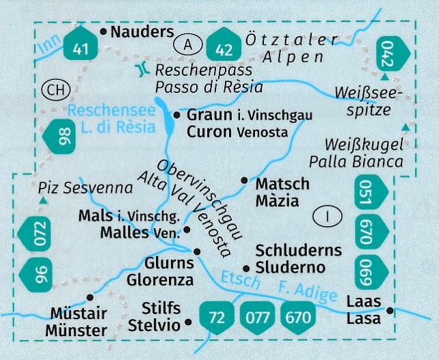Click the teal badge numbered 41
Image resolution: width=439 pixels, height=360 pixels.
83,46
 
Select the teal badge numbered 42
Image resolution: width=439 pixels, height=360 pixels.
224,46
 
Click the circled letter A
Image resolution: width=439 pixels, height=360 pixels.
188,45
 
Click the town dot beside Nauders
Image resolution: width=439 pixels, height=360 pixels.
103,31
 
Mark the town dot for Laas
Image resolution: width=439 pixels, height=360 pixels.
390,311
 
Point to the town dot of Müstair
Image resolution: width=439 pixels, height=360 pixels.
90,297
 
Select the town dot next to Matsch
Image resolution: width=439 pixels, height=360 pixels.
244,180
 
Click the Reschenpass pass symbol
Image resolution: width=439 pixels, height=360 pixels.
142,68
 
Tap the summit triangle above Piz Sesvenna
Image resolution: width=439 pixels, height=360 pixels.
42,200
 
